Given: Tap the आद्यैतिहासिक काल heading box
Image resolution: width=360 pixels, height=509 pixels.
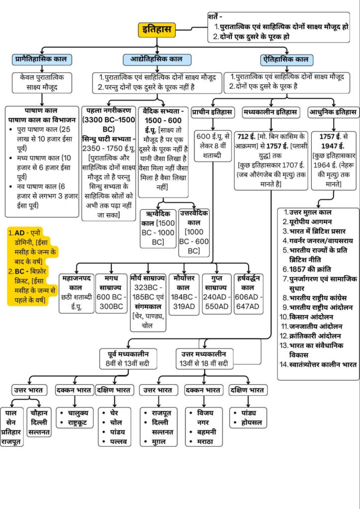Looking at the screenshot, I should click(157, 59).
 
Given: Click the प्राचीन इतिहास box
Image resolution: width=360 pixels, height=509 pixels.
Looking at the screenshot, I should click(212, 112).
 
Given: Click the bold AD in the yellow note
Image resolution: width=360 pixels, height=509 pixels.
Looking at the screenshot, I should click(20, 233).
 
